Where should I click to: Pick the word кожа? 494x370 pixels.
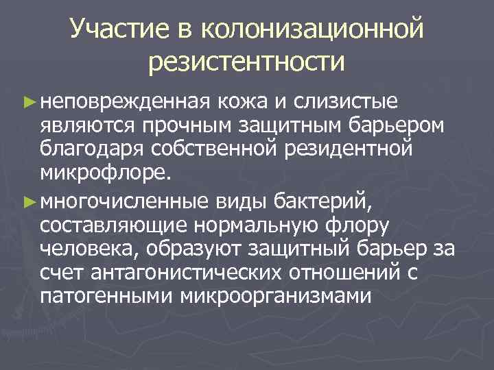point(239,103)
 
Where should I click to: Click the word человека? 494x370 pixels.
point(85,250)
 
